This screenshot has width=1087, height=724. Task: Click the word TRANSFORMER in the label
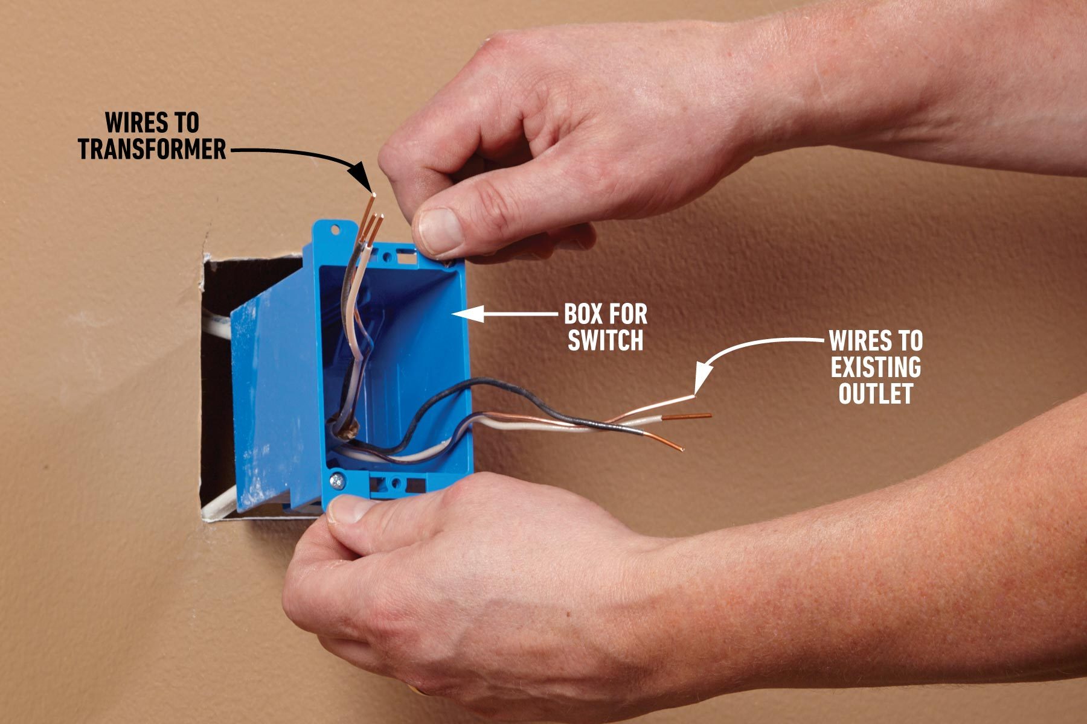(x=152, y=149)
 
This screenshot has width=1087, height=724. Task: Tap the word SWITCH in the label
(x=606, y=341)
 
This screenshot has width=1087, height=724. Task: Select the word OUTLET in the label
(x=875, y=394)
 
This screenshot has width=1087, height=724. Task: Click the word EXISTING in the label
(x=876, y=367)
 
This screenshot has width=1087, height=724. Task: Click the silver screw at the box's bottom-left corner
(x=336, y=481)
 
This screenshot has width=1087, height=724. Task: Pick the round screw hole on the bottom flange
(x=396, y=483)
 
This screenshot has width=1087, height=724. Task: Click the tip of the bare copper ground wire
(x=710, y=415)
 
